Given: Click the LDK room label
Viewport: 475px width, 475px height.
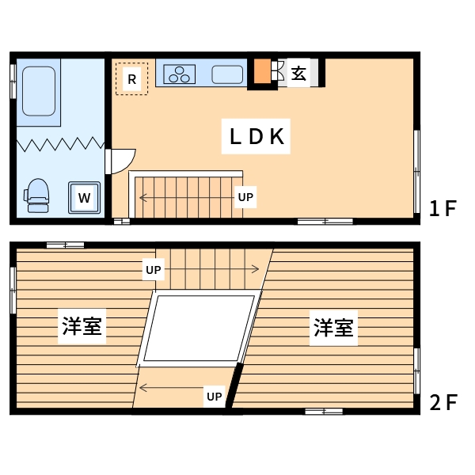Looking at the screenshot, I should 256,136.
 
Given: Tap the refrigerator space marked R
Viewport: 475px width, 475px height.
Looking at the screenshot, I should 132,79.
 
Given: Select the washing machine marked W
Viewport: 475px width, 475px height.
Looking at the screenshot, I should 84,196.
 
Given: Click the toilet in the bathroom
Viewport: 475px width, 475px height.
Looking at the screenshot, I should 37,195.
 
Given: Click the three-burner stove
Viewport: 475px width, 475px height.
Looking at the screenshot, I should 181,74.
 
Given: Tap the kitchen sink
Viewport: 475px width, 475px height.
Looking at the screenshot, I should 228,74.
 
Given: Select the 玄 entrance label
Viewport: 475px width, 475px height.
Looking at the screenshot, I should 298,74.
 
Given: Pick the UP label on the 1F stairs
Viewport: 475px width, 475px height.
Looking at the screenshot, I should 246,197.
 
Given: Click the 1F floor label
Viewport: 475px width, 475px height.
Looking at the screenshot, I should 443,209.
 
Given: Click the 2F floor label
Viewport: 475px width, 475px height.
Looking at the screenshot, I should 443,402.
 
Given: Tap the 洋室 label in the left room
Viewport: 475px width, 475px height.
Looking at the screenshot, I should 83,326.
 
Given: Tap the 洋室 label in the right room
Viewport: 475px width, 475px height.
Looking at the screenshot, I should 334,327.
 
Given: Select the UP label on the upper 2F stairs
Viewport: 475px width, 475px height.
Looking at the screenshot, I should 154,270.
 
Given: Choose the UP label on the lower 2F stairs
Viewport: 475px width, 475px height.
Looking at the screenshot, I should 214,396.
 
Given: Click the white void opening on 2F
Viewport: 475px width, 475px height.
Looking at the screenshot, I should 199,327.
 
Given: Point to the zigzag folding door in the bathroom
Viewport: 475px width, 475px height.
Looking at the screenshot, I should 60,144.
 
